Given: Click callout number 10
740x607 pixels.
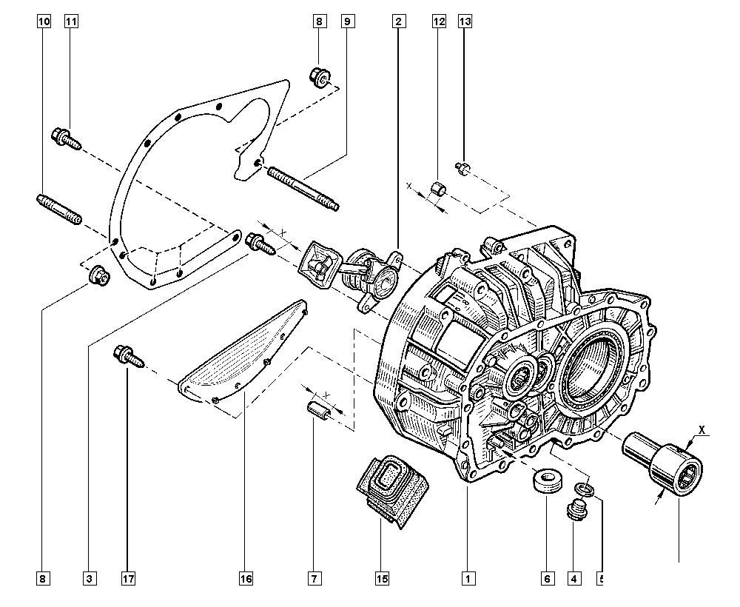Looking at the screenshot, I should (x=44, y=21).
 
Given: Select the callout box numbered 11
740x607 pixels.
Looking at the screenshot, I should (x=71, y=21).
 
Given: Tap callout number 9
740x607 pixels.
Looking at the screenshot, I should (x=346, y=21).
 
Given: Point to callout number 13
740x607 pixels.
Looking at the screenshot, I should (x=465, y=21).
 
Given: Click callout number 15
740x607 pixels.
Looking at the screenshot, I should (x=382, y=578).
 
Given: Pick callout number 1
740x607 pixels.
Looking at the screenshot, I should (x=468, y=578).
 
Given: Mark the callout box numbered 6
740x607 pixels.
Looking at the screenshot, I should (x=548, y=578).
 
